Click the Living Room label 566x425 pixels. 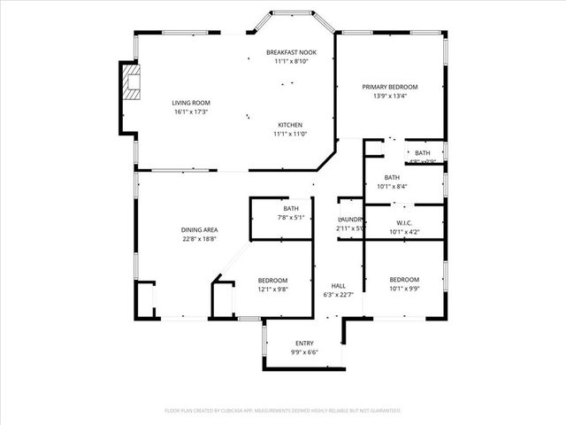[x=190, y=103]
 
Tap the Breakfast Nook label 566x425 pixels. [x=291, y=53]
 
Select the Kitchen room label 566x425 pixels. [x=291, y=124]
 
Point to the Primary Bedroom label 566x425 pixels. [x=390, y=87]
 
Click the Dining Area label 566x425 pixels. [x=199, y=229]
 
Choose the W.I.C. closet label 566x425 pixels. [x=404, y=223]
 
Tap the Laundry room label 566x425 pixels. [x=350, y=220]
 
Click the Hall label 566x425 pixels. [x=338, y=286]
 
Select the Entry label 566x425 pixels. [x=304, y=344]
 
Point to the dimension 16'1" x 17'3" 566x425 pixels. [x=190, y=112]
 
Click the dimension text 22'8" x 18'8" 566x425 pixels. [x=199, y=238]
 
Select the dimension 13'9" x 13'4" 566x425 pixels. [x=390, y=97]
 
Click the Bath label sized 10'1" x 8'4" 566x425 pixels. [x=392, y=177]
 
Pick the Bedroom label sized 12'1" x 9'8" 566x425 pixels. [x=272, y=280]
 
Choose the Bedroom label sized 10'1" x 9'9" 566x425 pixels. [x=404, y=280]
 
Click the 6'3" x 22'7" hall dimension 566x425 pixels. [x=338, y=295]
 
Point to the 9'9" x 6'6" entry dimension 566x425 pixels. [x=304, y=352]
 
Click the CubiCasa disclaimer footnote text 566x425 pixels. [x=283, y=411]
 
